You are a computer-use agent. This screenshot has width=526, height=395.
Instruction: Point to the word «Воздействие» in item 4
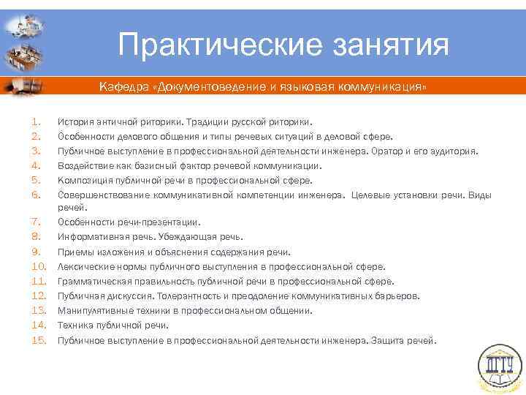coord(84,166)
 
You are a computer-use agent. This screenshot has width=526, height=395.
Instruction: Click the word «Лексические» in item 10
coord(83,267)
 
